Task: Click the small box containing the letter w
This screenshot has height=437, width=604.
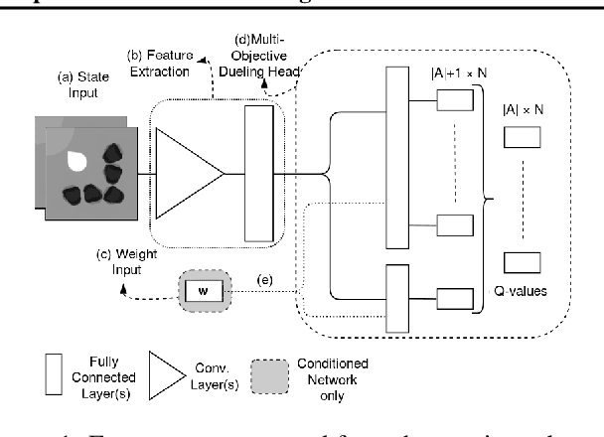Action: [203, 292]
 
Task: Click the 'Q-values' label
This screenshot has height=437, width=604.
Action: [521, 292]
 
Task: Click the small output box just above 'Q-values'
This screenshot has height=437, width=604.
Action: [521, 261]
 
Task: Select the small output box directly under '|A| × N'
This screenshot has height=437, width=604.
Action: [521, 140]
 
